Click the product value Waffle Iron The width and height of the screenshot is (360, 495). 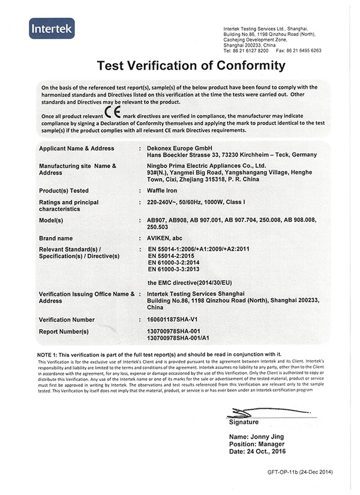(x=165, y=190)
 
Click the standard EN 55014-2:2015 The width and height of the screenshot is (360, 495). (x=176, y=255)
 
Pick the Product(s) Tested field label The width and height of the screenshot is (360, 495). (x=64, y=190)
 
